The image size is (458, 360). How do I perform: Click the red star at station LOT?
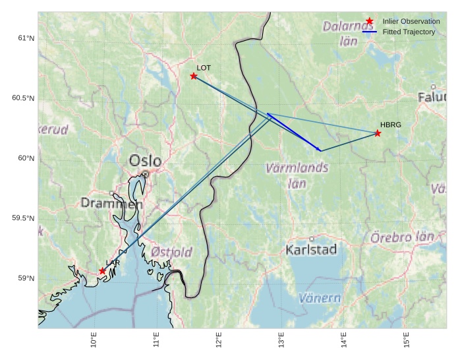click(x=194, y=76)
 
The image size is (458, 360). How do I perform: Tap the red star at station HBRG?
click(x=378, y=133)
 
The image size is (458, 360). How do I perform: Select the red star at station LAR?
click(x=103, y=271)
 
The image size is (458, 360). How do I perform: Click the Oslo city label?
click(x=145, y=161)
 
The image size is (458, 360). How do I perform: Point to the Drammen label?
click(x=111, y=204)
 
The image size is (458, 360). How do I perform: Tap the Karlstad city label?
click(x=311, y=249)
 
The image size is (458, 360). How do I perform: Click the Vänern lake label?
click(x=320, y=298)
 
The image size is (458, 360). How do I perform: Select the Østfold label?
click(x=171, y=252)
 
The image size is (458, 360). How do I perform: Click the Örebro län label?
click(x=402, y=237)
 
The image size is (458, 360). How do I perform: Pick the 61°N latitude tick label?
click(x=26, y=38)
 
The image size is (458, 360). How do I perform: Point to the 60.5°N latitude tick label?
click(x=23, y=98)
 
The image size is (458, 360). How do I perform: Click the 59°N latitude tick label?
click(x=26, y=278)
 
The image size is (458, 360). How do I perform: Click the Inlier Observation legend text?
click(x=411, y=22)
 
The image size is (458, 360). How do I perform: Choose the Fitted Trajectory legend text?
click(x=409, y=32)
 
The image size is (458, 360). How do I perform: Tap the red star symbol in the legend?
click(x=370, y=21)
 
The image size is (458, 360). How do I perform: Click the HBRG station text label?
click(x=390, y=125)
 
